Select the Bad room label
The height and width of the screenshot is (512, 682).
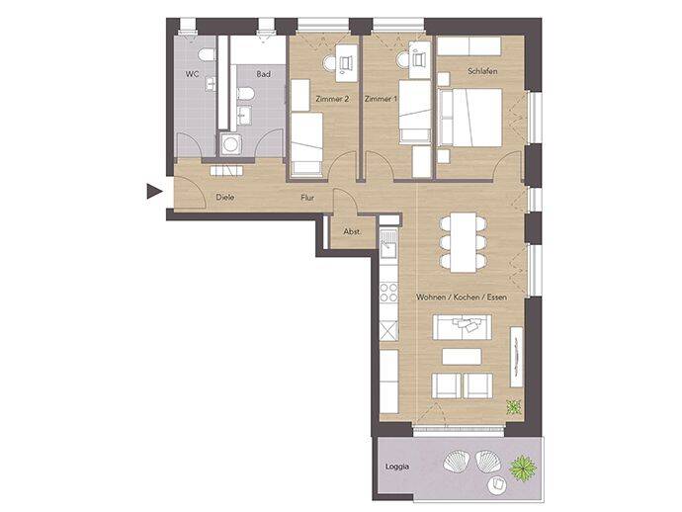coord(264,75)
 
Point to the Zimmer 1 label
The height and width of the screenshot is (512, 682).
coord(381,99)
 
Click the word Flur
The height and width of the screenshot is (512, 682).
coord(308,198)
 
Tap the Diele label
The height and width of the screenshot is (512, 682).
coord(224,198)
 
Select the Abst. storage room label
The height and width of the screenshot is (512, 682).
coord(351,232)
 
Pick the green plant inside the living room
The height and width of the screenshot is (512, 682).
coord(513,405)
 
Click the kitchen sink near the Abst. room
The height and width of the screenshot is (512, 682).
coord(388,238)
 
